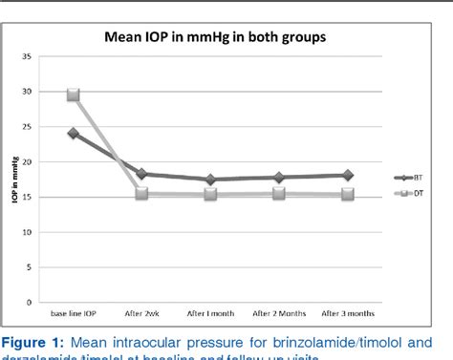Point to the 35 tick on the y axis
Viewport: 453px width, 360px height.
coord(39,57)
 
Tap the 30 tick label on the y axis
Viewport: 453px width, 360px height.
coord(39,92)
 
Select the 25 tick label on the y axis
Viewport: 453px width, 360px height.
coord(39,127)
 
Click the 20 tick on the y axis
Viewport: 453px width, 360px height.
coord(39,162)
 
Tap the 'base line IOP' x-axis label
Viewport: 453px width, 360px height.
coord(73,312)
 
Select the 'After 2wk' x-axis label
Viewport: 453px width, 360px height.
coord(141,312)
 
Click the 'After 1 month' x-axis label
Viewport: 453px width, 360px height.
coord(210,312)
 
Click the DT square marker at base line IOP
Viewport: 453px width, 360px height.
coord(73,95)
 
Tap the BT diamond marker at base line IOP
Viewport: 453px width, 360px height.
coord(73,133)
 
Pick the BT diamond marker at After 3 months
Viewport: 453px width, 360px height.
coord(348,175)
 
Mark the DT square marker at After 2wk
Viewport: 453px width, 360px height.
coord(141,194)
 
